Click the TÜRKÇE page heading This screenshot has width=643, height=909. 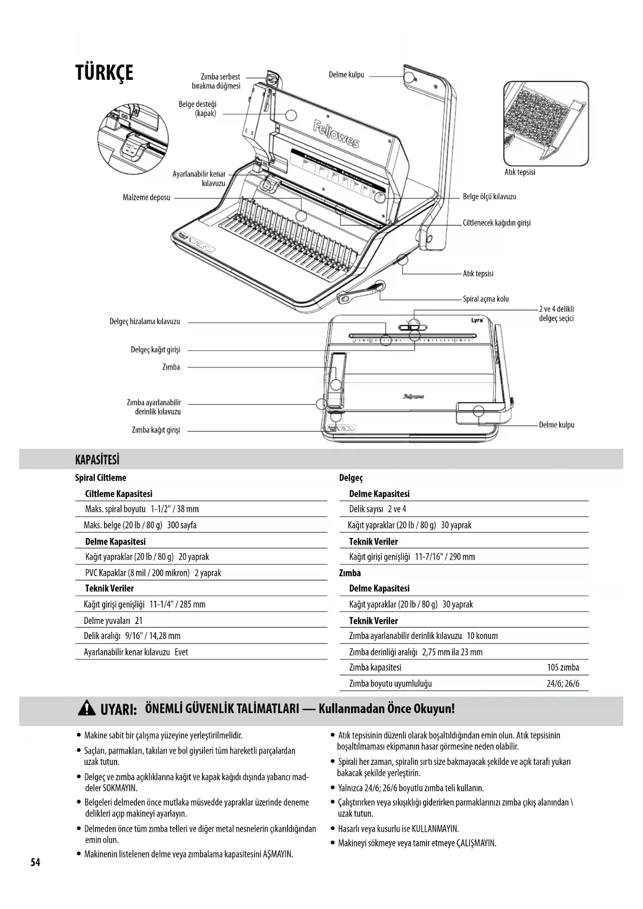click(104, 73)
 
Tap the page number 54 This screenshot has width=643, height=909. click(35, 862)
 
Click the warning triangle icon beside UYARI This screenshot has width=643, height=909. click(87, 708)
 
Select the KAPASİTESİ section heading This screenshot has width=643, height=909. click(97, 460)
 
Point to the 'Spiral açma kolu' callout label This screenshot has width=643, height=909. click(485, 299)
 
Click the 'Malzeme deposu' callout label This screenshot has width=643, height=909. click(146, 197)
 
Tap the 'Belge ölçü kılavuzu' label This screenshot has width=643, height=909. click(489, 197)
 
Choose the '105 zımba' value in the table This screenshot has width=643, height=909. click(563, 667)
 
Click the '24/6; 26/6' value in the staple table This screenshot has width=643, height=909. click(563, 684)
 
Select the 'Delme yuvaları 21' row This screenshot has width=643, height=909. click(113, 620)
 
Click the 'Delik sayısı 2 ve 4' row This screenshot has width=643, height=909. click(377, 509)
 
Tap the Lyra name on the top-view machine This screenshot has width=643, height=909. click(477, 320)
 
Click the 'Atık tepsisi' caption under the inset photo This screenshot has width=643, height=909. click(520, 172)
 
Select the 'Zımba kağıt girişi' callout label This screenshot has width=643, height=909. click(155, 430)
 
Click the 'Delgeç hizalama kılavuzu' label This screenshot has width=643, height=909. click(145, 322)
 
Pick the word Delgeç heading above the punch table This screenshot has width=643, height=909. click(351, 478)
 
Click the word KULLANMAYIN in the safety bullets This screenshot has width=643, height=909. click(435, 829)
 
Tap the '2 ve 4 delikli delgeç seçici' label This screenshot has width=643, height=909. click(556, 314)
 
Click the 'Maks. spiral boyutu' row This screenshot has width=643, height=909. click(141, 509)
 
